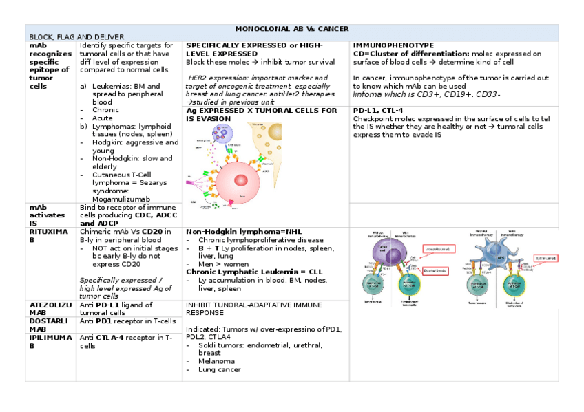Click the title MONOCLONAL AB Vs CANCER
[292, 29]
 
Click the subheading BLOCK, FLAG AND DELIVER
[76, 36]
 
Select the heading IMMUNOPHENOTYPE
[393, 45]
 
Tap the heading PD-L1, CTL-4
[378, 110]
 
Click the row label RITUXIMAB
[48, 236]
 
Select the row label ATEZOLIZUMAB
[48, 308]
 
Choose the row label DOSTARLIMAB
[48, 325]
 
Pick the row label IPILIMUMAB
[48, 341]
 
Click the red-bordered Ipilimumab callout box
[542, 258]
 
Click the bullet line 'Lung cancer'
[219, 369]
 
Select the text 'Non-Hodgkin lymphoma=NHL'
[234, 232]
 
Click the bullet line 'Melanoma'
[216, 361]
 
